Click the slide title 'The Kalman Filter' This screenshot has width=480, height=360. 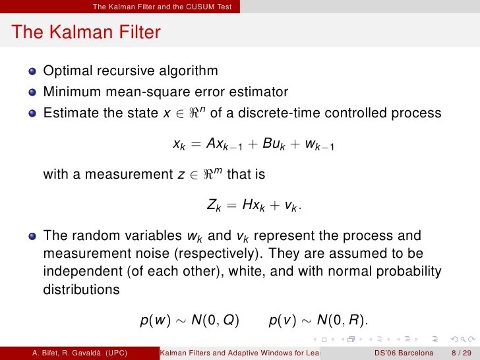[86, 32]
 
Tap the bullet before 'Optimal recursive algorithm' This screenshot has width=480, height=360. [32, 71]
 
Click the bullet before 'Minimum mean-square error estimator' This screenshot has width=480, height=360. [32, 92]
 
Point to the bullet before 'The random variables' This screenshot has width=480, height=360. [32, 236]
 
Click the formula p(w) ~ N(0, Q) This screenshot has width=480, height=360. [191, 321]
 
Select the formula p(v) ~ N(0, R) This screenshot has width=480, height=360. [319, 321]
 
